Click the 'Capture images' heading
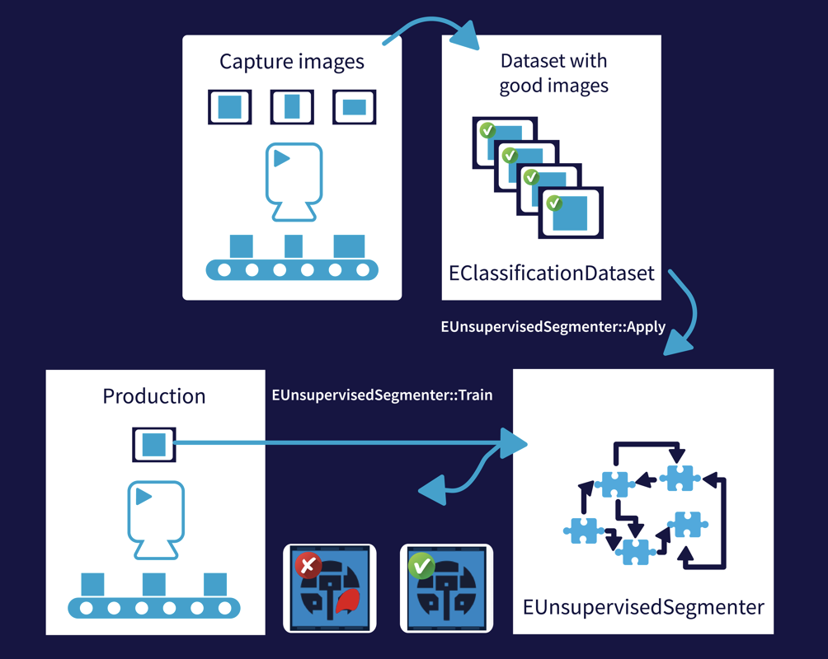tap(291, 62)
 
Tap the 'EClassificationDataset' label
tap(552, 273)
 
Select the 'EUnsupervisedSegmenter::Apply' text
tap(553, 326)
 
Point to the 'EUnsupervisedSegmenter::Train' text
tap(382, 395)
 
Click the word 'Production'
tap(153, 395)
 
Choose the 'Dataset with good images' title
tap(553, 72)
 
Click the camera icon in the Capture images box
tap(292, 182)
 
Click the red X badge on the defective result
tap(308, 565)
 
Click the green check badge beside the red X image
tap(421, 565)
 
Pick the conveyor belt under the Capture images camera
tap(292, 269)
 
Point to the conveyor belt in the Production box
tap(154, 608)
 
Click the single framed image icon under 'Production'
tap(154, 445)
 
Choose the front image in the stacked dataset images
tap(570, 213)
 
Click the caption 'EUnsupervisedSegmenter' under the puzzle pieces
tap(643, 608)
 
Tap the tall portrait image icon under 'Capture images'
tap(292, 107)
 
